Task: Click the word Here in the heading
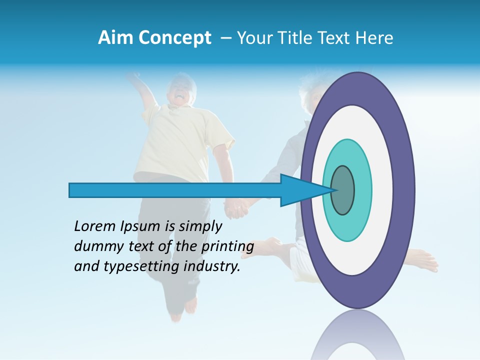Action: click(375, 38)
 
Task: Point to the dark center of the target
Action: click(343, 190)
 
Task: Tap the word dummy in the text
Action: click(95, 246)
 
